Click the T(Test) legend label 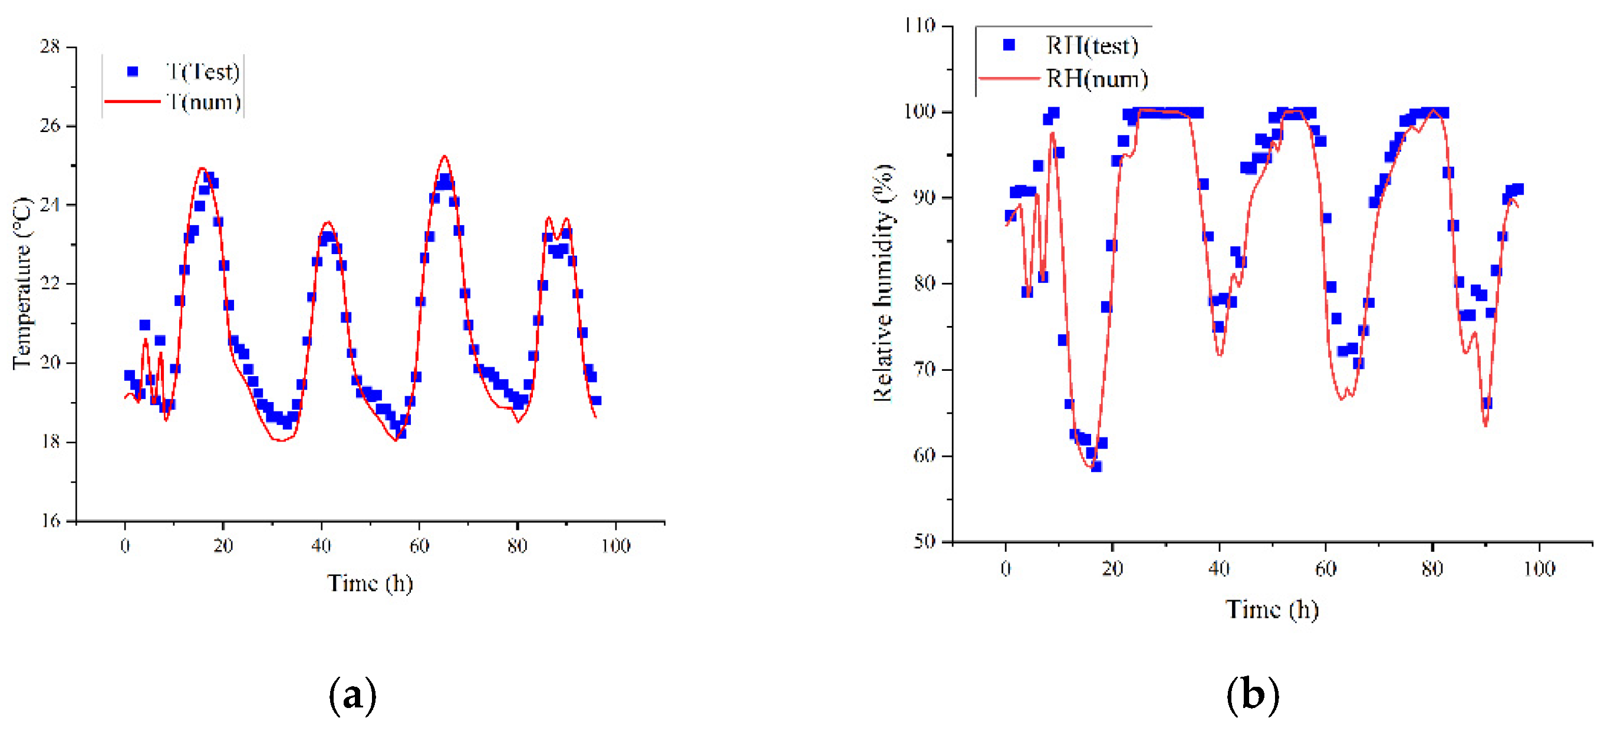(203, 72)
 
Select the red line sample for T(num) (133, 101)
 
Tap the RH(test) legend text (1092, 45)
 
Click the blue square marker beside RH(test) (1009, 45)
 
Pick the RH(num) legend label (1097, 79)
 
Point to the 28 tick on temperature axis (50, 47)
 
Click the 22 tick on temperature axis (50, 284)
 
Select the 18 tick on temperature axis (50, 442)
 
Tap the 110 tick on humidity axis (920, 26)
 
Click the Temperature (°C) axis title (22, 284)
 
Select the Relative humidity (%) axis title (883, 284)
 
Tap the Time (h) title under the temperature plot (370, 583)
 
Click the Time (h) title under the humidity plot (1271, 609)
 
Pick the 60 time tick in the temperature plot (419, 546)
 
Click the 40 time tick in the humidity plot (1219, 569)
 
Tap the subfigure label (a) (353, 695)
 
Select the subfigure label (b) (1253, 695)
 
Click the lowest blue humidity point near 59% (1096, 466)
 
